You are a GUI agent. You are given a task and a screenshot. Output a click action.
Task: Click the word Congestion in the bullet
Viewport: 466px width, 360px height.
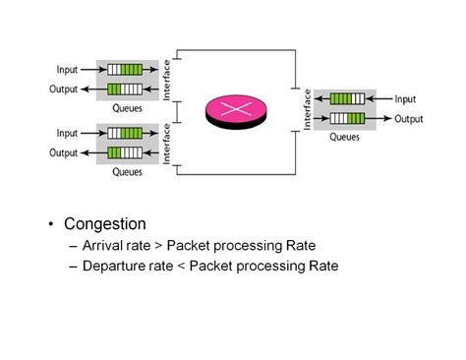coord(105,224)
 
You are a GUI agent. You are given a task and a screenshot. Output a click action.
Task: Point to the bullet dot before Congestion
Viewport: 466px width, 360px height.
coord(50,225)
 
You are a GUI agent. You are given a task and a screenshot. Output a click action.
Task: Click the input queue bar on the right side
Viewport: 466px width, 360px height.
coord(347,98)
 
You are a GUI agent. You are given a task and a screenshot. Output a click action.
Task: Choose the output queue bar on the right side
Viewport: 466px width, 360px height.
coord(347,118)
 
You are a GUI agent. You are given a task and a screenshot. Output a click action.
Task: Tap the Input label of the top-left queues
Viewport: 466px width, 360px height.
coord(67,70)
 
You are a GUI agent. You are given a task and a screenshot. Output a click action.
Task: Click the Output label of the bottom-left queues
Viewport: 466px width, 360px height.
coord(64,152)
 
